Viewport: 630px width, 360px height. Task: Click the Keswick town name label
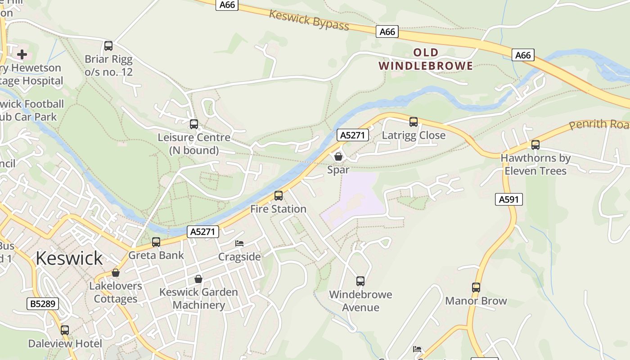[69, 258]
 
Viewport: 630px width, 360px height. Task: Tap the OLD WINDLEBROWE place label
[426, 59]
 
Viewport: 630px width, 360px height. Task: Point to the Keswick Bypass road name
[309, 20]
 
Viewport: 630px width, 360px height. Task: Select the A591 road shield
[509, 199]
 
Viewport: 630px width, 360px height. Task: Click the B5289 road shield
[43, 304]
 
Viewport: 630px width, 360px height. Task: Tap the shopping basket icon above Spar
[338, 157]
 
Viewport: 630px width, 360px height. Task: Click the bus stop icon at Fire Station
[279, 196]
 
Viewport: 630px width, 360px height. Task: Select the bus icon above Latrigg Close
[414, 122]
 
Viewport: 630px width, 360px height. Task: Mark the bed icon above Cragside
[239, 243]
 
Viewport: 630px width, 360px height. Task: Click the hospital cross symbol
[22, 55]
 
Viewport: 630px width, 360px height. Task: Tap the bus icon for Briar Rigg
[108, 46]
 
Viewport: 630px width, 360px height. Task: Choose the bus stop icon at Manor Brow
[476, 288]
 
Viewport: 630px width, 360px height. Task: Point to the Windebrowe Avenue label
[360, 301]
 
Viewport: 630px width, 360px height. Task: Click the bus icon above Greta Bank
[156, 242]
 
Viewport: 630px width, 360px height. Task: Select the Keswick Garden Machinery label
[198, 298]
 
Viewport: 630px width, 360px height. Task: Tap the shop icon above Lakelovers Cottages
[116, 273]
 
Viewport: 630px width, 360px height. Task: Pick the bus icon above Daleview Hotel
[65, 330]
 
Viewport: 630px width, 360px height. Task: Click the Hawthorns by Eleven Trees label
[535, 164]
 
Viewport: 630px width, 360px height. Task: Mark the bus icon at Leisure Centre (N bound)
[194, 124]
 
